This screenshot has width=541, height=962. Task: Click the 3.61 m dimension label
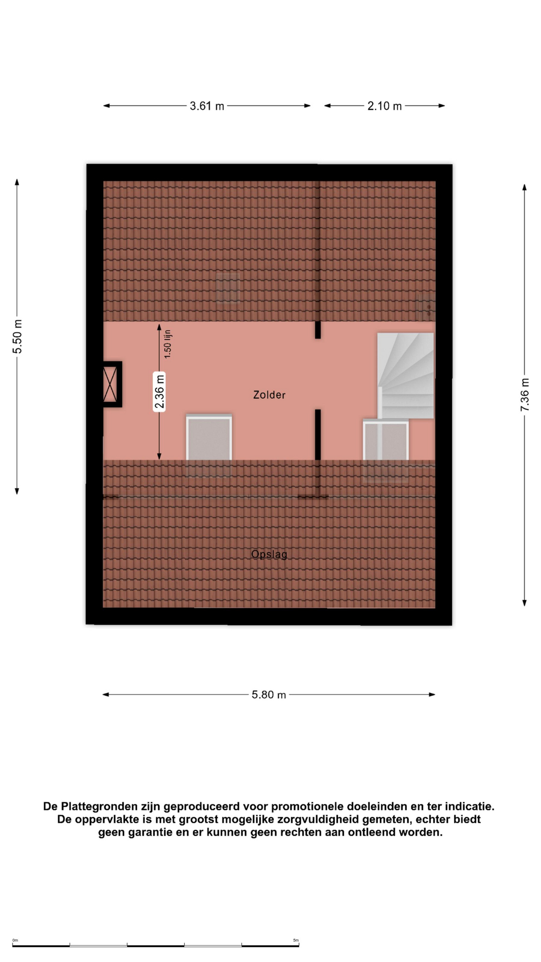click(207, 106)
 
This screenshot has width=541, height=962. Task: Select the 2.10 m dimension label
click(385, 106)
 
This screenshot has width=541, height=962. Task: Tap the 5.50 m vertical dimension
click(18, 336)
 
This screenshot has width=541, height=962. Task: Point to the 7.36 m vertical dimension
click(524, 395)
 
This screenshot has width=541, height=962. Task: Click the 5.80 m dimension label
click(269, 695)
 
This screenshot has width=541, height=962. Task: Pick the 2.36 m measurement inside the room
click(159, 392)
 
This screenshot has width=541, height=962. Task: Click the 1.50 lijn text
click(168, 344)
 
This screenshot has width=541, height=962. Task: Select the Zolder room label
click(269, 395)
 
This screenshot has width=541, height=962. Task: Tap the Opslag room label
click(269, 554)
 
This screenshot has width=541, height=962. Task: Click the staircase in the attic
click(406, 376)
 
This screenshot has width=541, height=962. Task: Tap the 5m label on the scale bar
click(296, 940)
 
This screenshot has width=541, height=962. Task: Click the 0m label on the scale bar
click(15, 940)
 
